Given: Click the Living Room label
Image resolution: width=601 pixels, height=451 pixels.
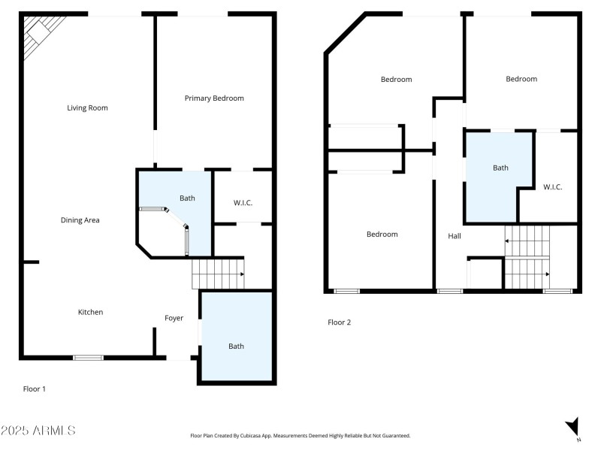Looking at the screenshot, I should tap(87, 107).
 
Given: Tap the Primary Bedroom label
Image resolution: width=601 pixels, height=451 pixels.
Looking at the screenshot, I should tap(214, 98).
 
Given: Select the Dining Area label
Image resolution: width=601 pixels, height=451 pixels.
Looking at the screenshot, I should tap(80, 220).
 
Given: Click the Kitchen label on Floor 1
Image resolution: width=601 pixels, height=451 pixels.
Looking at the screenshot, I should tap(91, 312).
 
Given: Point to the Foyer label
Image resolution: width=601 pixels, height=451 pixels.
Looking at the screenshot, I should tap(174, 318).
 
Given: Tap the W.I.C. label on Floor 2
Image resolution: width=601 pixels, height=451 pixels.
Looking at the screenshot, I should tap(552, 187).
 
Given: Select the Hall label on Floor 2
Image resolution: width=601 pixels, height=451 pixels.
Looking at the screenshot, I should tap(455, 236).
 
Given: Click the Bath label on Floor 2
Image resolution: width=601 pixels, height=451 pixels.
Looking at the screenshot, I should tap(500, 168).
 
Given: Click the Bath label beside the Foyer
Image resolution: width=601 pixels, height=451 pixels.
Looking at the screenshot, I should tap(236, 346).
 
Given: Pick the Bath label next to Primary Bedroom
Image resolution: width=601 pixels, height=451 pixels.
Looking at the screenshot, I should tap(187, 198).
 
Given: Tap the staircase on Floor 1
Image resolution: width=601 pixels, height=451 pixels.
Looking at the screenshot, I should tap(218, 274).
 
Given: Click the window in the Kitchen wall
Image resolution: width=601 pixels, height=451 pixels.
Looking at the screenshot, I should tap(88, 358).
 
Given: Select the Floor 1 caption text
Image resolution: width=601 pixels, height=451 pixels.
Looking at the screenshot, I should tap(35, 389).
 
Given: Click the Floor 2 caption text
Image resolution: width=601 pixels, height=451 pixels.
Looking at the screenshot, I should tap(339, 322).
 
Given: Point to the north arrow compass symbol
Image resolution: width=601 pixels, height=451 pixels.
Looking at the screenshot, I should tap(572, 426).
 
